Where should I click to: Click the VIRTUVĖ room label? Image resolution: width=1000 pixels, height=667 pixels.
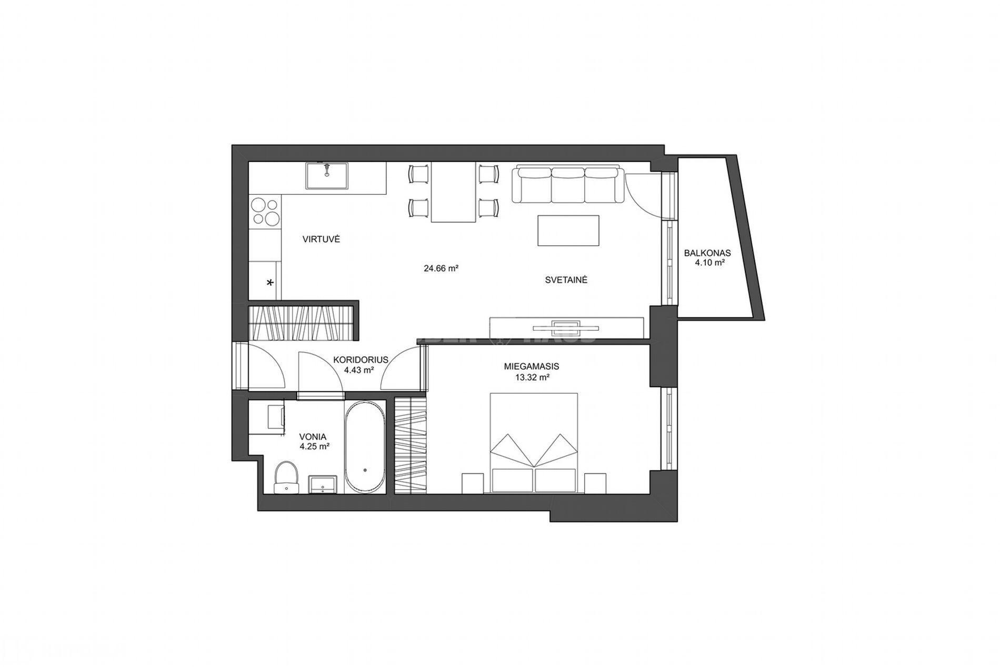pos(321,239)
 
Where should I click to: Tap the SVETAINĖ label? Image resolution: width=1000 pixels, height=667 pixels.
pos(566,280)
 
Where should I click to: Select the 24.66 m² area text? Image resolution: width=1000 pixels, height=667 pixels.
pos(441,268)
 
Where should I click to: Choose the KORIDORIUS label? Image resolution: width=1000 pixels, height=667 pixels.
pos(361,360)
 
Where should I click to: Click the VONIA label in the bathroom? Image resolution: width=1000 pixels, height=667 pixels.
pos(313,437)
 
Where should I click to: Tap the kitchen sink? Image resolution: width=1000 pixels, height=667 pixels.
pos(327,175)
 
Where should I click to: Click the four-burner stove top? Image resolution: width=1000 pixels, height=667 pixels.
pos(265,211)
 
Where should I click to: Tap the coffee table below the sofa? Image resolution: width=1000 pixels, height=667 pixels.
pos(568,230)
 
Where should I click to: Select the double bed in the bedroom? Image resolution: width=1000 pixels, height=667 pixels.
pos(534,443)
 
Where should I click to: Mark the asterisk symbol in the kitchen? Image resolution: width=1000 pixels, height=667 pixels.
pos(271,283)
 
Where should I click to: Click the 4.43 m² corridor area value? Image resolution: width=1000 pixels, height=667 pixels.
pos(359,370)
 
